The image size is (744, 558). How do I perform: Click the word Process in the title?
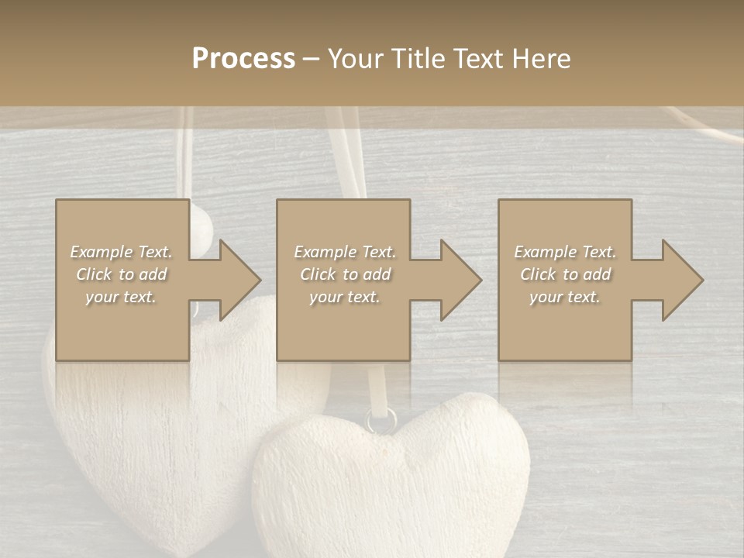tap(243, 59)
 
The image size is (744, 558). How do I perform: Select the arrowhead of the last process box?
tap(682, 280)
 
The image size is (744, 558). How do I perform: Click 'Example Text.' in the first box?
tap(122, 252)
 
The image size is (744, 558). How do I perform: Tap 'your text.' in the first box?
tap(122, 297)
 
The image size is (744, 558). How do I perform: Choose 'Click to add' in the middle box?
tap(345, 274)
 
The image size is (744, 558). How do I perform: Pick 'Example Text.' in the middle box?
tap(345, 252)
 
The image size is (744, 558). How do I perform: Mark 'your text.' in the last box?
tap(565, 297)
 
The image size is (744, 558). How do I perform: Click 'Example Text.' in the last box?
tap(565, 252)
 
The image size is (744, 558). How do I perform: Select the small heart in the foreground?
tap(391, 480)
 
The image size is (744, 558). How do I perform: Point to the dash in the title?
tap(312, 60)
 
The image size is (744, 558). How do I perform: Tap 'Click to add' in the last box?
tap(565, 274)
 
